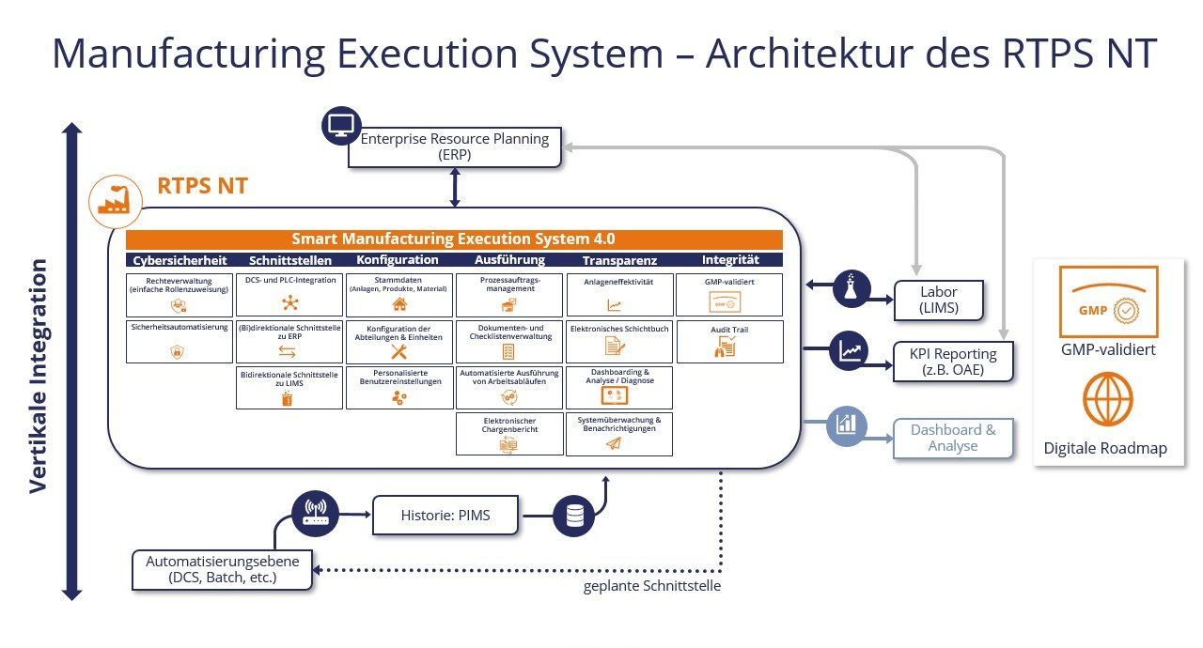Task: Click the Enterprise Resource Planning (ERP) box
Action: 455,147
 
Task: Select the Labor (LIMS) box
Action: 938,300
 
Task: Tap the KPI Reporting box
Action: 953,360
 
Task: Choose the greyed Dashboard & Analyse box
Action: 953,438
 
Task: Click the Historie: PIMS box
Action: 445,515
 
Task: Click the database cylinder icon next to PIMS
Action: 572,515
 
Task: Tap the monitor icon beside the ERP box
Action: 341,125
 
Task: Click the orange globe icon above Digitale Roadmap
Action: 1107,399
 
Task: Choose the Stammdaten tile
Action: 399,294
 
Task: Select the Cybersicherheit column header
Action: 180,260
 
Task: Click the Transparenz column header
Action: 619,260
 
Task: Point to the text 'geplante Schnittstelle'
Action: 651,587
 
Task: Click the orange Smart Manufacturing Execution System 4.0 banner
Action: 454,239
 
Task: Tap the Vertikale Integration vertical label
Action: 37,376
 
